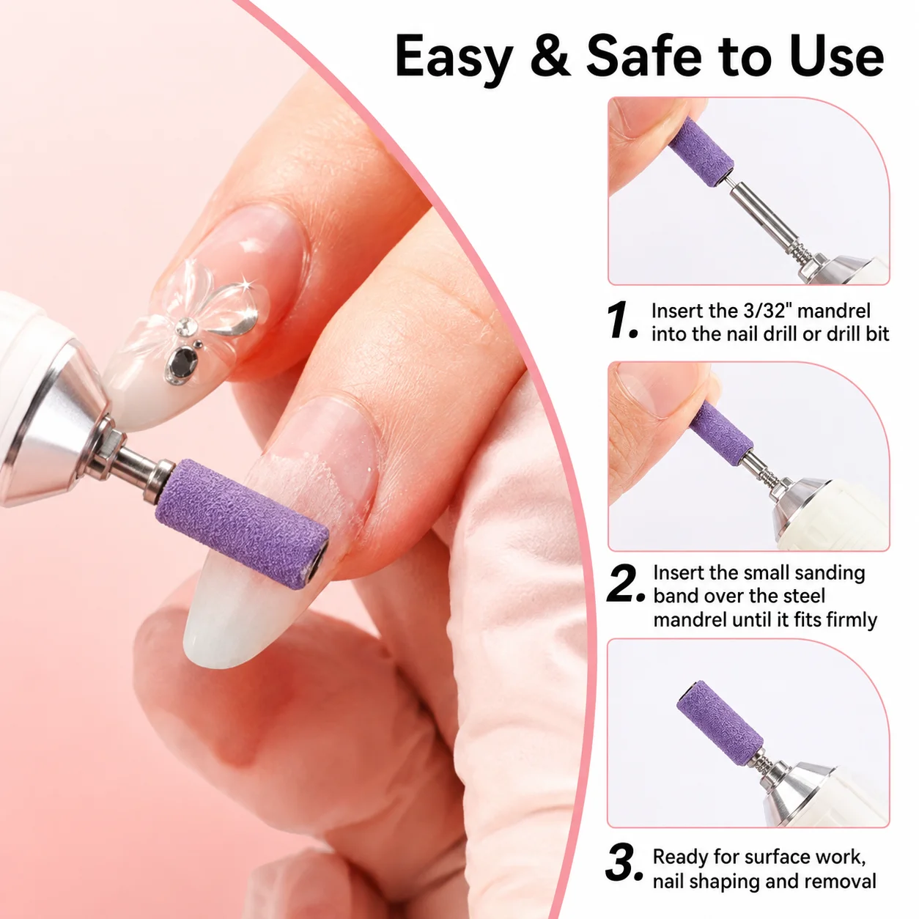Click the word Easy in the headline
coord(454,58)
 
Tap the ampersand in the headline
coord(550,56)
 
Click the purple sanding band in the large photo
coord(242,523)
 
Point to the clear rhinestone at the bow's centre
coord(184,327)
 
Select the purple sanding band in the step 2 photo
coord(722,428)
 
